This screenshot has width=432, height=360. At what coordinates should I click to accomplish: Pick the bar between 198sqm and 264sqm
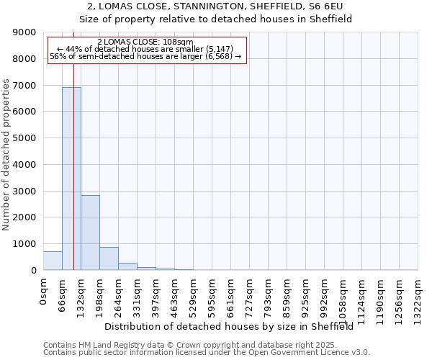[x=109, y=258]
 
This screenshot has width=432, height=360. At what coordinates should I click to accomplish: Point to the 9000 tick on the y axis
[x=26, y=32]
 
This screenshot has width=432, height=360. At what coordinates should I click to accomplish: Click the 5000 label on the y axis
[x=26, y=138]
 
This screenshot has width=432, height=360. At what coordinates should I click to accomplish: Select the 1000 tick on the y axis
[x=26, y=244]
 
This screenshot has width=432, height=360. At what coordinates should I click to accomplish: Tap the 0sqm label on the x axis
[x=44, y=292]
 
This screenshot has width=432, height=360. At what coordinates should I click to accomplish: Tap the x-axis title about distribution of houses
[x=234, y=326]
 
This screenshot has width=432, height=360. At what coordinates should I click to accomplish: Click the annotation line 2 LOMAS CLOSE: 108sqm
[x=145, y=42]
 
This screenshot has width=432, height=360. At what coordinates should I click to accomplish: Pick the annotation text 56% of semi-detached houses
[x=145, y=56]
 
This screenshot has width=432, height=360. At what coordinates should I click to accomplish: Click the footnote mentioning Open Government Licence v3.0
[x=207, y=353]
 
